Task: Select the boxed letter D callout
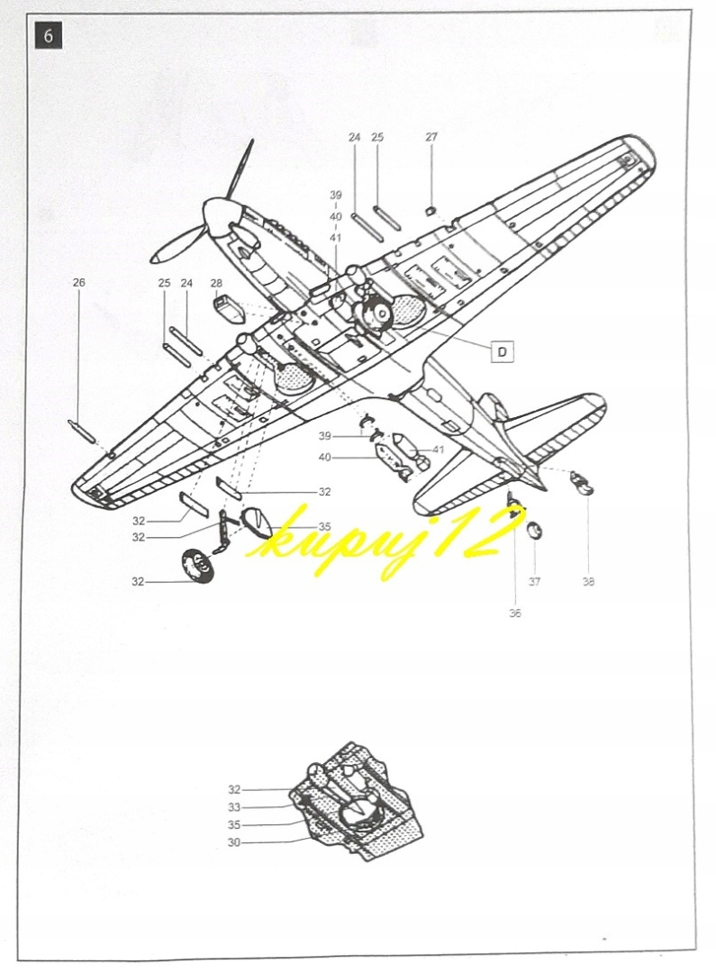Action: coord(502,351)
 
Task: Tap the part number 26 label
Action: coord(78,283)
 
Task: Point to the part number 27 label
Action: coord(431,137)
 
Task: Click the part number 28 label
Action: coord(216,283)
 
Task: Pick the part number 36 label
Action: coord(514,614)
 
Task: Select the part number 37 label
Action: coord(534,582)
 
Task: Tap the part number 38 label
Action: coord(588,582)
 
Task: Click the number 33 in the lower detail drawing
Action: coord(234,807)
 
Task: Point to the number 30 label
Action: coord(234,843)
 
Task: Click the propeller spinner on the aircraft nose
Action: coord(220,217)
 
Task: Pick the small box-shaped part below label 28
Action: coord(227,308)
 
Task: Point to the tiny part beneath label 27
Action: coord(431,212)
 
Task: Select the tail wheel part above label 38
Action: coord(584,483)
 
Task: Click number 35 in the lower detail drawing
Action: coord(234,825)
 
